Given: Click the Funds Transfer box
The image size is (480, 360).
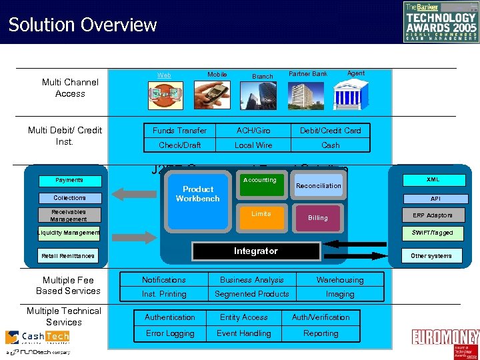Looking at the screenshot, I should [x=179, y=131].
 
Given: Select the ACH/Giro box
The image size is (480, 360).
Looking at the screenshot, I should [x=253, y=131].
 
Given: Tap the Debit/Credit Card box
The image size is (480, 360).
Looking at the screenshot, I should [x=330, y=131].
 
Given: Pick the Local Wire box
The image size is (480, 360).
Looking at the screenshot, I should [x=253, y=145].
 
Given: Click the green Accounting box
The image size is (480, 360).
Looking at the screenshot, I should [x=259, y=186].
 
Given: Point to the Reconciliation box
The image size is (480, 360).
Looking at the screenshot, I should [x=318, y=186].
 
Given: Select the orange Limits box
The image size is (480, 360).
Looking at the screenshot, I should [x=261, y=217].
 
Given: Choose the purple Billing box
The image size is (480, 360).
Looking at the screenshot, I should [x=318, y=218].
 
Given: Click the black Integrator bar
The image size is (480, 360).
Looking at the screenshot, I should [x=255, y=251].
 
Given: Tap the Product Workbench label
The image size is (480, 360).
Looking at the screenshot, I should [x=197, y=193].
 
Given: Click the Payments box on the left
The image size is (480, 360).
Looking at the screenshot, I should [x=69, y=180].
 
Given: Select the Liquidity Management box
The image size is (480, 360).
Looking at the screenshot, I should [x=68, y=233].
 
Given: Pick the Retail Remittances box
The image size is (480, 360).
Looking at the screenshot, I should [x=68, y=255].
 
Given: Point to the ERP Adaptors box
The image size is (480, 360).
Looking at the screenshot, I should [x=432, y=215].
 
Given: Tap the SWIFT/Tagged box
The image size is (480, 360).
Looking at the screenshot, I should [x=432, y=233].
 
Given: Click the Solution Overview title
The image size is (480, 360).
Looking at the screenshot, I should [x=82, y=25].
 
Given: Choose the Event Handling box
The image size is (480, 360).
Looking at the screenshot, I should [x=244, y=333].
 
